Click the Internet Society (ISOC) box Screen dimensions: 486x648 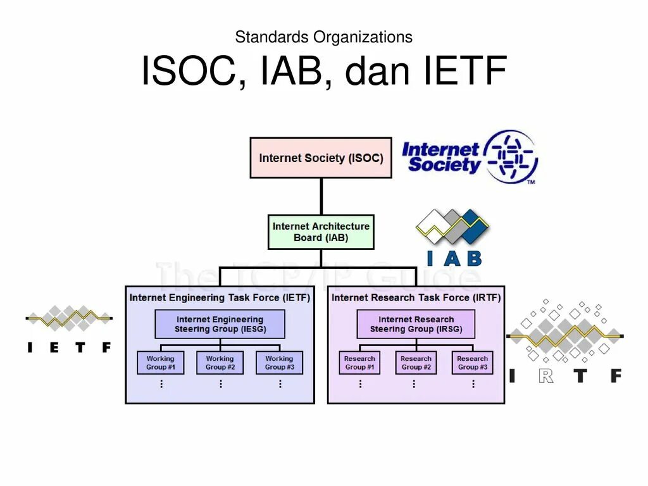coord(321,158)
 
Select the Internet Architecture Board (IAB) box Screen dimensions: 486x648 coord(321,232)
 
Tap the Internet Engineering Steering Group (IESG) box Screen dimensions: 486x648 coord(220,324)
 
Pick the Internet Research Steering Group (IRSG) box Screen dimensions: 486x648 coord(416,324)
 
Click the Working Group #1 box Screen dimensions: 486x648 coord(161,363)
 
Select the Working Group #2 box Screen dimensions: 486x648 coord(220,363)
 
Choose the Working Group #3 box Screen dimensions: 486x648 coord(279,363)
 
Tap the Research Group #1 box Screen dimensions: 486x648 coord(359,363)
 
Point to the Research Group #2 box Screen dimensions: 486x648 coord(416,363)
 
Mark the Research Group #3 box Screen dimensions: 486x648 coord(473,363)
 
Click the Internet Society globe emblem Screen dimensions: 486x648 coord(511,155)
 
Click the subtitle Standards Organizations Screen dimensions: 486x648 coord(323,37)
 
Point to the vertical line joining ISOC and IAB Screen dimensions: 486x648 coord(321,197)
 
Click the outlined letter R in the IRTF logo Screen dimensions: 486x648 coord(547,375)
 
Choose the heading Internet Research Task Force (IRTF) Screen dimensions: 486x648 coord(416,297)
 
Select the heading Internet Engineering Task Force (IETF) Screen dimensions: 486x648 coord(220,297)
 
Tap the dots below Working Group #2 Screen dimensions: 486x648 coord(220,383)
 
